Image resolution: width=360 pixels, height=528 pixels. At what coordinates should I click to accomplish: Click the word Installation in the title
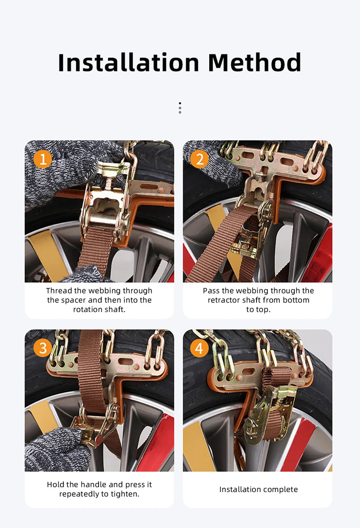tap(129, 63)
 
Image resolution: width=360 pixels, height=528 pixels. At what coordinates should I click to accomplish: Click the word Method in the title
tap(255, 63)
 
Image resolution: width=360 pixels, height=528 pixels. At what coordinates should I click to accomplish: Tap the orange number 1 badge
tap(43, 159)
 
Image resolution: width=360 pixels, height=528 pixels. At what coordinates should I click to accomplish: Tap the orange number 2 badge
tap(199, 159)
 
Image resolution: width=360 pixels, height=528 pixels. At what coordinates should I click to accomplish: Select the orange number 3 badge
tap(43, 348)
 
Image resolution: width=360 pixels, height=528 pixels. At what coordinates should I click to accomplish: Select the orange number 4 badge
tap(199, 348)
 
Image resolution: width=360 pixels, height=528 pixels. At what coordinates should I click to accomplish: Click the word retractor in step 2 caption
tap(224, 300)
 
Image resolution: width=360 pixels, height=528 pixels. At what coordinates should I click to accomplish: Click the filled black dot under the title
tap(180, 103)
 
